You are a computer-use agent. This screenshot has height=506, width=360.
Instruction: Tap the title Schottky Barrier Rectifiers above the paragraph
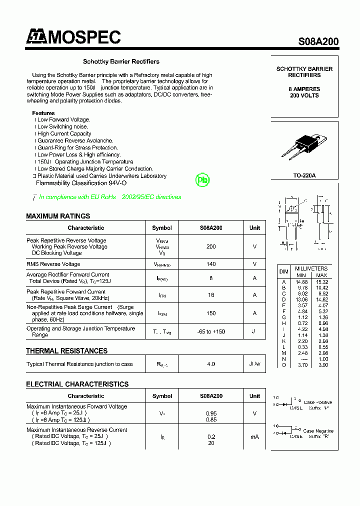pos(121,61)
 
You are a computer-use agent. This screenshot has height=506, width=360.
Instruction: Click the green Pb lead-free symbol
pos(202,180)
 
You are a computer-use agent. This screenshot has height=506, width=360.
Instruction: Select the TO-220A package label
pos(304,175)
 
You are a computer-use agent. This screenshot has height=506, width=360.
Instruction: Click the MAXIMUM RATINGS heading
pos(58,216)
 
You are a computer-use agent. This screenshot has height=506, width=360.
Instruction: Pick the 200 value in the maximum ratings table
pos(211,246)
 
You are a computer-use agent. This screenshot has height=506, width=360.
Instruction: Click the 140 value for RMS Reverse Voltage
pos(211,264)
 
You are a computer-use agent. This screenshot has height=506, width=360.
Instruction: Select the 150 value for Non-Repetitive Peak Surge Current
pos(211,313)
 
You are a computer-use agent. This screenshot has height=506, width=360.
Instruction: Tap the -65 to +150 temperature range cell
pos(211,331)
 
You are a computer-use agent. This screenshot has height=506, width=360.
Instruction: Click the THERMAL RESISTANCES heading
pos(66,351)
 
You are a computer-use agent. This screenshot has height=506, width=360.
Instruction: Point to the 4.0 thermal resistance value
pos(211,364)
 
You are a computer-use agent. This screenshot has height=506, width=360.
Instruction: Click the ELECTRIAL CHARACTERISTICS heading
pos(77,384)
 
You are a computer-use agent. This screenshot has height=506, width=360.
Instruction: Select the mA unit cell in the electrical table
pos(254,437)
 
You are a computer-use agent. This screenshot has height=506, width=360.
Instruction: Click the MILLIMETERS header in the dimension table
pos(311,268)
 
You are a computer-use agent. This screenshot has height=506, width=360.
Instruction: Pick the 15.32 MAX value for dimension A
pos(321,282)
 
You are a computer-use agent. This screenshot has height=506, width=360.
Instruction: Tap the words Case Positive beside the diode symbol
pos(317,402)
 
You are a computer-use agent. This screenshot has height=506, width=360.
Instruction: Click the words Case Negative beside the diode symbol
pos(318,431)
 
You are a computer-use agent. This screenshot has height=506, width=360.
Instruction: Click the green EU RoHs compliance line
pos(110,197)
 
